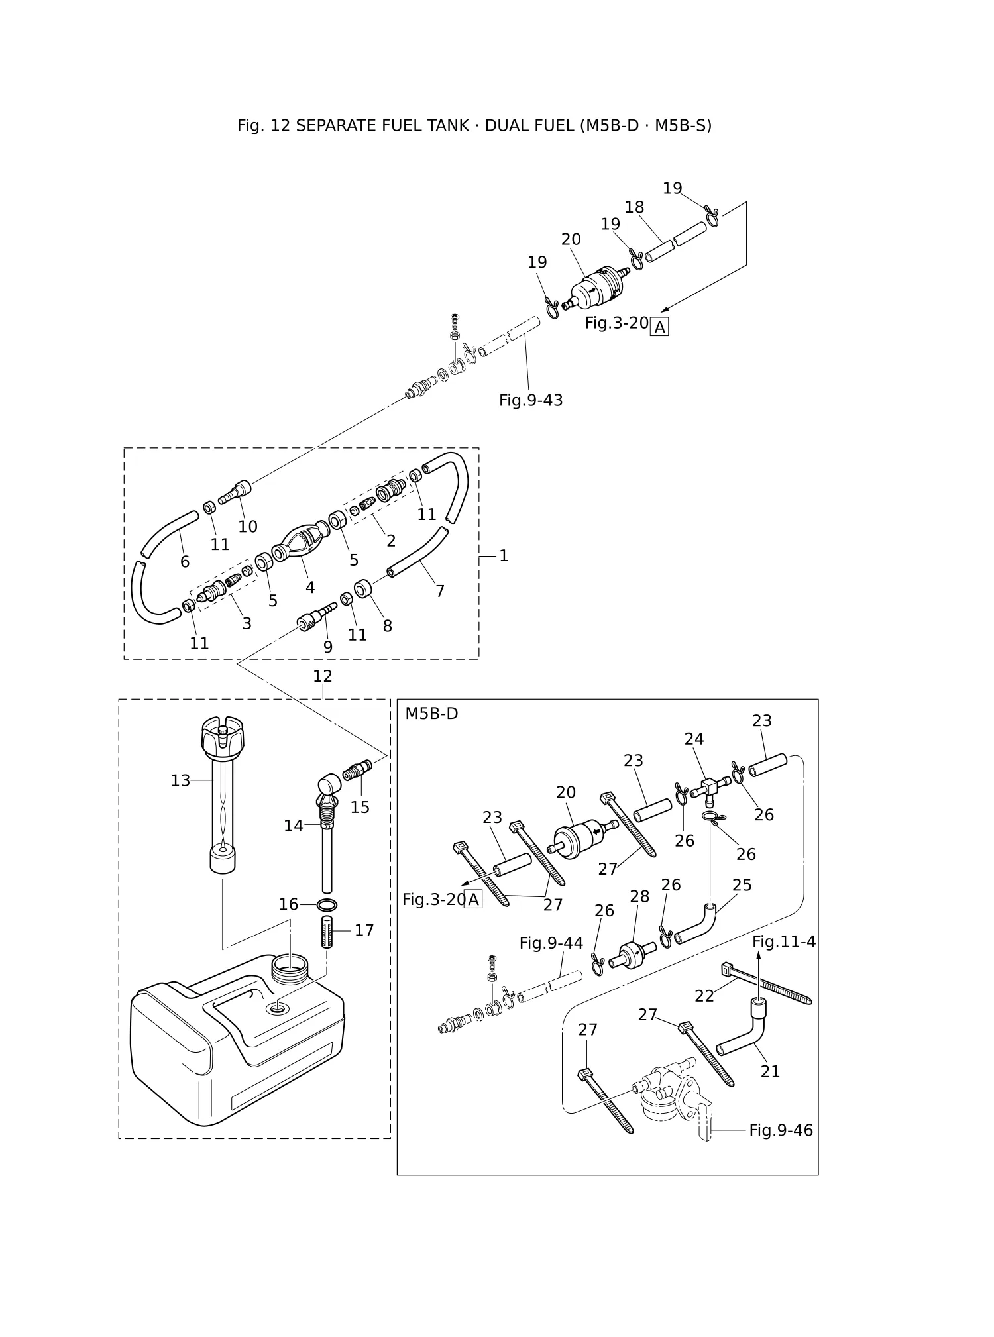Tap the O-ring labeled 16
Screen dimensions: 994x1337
(327, 905)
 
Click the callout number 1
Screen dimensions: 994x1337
(504, 556)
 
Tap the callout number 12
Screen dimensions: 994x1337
(323, 676)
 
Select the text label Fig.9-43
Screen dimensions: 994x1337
(531, 400)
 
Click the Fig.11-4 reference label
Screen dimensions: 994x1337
(784, 941)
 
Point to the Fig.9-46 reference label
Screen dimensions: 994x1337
(781, 1130)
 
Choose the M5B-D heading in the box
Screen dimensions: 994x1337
(431, 714)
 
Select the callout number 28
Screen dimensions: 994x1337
(639, 896)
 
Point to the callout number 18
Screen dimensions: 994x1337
(634, 207)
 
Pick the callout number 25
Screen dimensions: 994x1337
(742, 885)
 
